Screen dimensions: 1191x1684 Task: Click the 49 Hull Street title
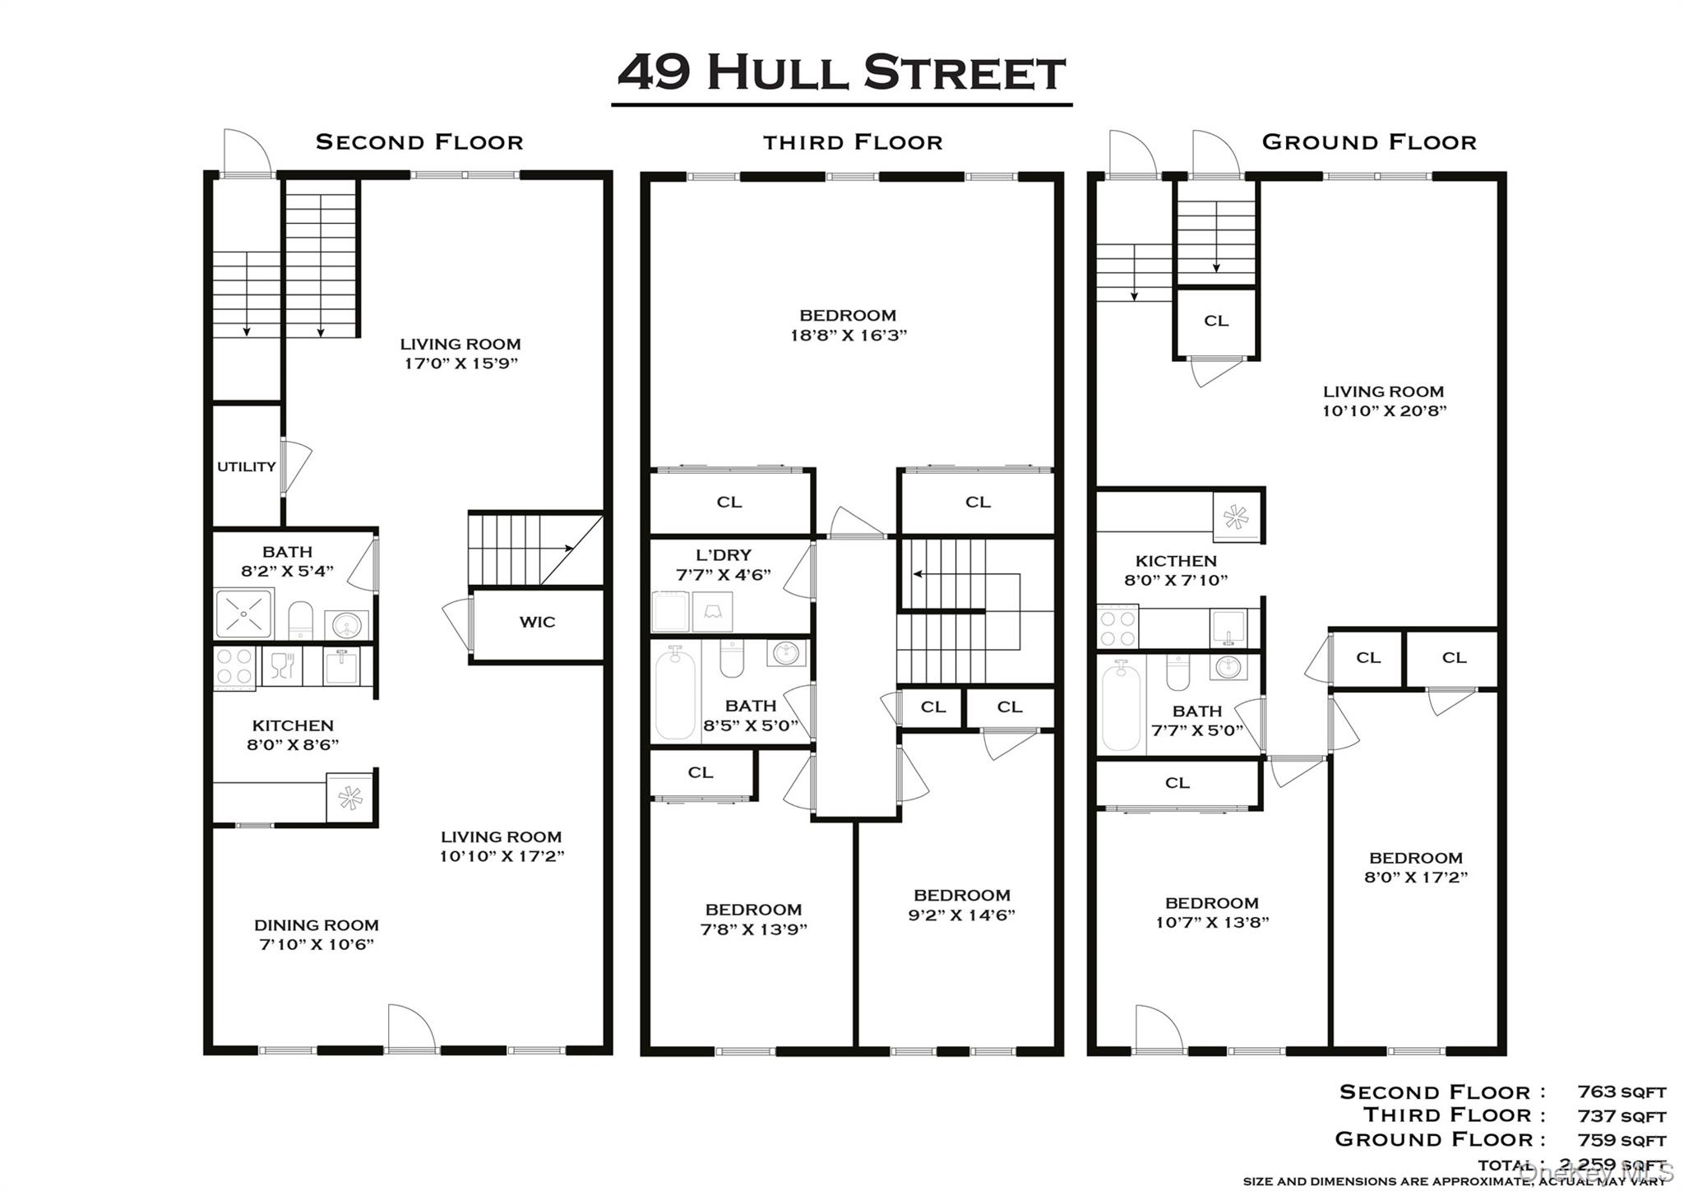point(841,72)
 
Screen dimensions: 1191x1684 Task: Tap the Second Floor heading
point(419,142)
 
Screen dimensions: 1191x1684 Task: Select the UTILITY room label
point(246,466)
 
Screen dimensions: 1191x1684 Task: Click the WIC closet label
point(537,622)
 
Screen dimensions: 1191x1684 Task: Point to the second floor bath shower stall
point(244,613)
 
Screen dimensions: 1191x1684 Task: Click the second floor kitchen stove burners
point(234,667)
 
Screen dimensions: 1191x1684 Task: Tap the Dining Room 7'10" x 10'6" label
point(317,934)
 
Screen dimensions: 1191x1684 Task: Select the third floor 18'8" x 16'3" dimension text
point(847,335)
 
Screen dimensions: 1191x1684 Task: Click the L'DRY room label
point(724,555)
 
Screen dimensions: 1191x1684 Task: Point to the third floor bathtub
point(675,693)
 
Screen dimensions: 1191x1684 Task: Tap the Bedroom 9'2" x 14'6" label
point(961,905)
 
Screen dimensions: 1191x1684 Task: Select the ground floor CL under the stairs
point(1215,321)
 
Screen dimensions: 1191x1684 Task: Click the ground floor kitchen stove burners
point(1117,627)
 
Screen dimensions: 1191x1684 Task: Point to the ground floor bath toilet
point(1177,672)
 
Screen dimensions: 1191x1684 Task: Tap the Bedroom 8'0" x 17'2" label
point(1415,867)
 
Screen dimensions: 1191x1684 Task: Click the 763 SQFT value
point(1621,1092)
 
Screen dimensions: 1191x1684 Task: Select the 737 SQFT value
point(1621,1116)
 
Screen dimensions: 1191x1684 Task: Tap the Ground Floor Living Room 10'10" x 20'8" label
point(1383,401)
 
